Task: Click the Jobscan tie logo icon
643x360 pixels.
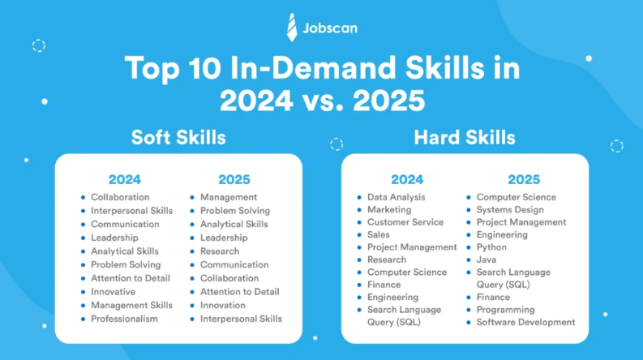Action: click(292, 28)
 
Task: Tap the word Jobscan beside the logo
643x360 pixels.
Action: click(330, 28)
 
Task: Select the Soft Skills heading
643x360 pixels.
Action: click(178, 137)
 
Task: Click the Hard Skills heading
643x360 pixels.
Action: click(465, 137)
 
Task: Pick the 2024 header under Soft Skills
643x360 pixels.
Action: click(125, 179)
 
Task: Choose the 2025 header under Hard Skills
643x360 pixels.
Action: click(524, 179)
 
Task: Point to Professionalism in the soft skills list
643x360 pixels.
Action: click(124, 319)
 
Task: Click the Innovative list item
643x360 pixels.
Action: click(114, 292)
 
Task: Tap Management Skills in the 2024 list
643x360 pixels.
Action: click(131, 306)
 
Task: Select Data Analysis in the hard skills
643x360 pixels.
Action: click(397, 197)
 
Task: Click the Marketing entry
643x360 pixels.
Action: click(389, 210)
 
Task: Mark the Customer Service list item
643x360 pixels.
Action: click(405, 222)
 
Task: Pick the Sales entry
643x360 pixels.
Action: click(379, 234)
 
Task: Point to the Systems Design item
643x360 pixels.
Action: click(510, 210)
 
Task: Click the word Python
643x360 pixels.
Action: click(491, 247)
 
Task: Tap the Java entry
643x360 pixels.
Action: click(487, 259)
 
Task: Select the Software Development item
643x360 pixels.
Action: click(525, 322)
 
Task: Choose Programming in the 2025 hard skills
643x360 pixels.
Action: click(506, 310)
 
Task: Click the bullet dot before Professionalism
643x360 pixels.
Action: click(83, 319)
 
